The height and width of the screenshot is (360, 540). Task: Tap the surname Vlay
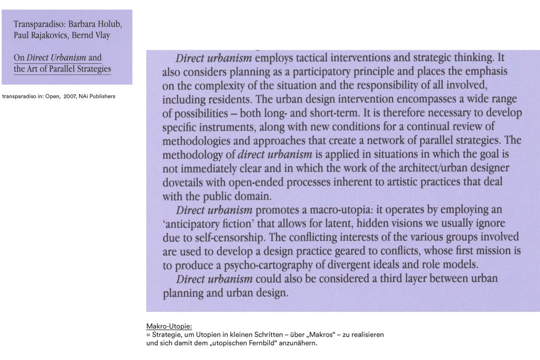pyautogui.click(x=102, y=35)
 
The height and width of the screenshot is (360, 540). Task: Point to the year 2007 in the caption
pyautogui.click(x=70, y=96)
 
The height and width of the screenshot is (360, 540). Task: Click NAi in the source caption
pyautogui.click(x=84, y=96)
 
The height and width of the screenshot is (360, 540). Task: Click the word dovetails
pyautogui.click(x=183, y=182)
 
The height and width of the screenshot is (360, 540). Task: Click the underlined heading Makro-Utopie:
pyautogui.click(x=169, y=326)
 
